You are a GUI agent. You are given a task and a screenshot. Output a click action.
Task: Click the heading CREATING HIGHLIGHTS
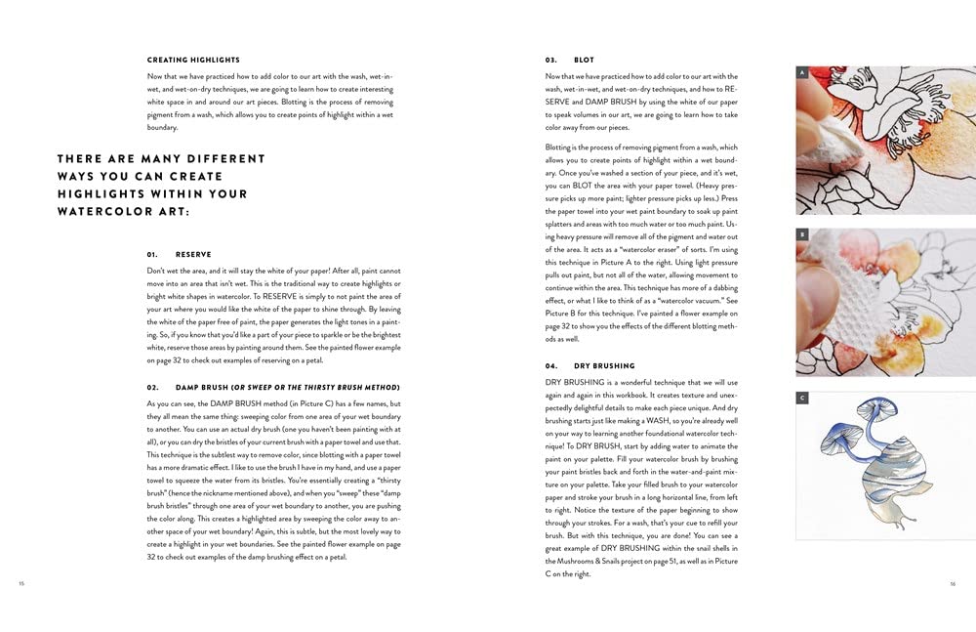[x=193, y=61]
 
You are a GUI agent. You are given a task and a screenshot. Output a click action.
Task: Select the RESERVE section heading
[x=193, y=254]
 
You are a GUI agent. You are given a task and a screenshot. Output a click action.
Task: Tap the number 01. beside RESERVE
[x=152, y=254]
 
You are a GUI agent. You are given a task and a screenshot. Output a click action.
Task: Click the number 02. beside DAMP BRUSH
[x=152, y=388]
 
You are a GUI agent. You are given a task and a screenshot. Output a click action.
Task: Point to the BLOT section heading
[x=585, y=61]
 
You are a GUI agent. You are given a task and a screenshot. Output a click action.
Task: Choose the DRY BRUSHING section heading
[x=604, y=365]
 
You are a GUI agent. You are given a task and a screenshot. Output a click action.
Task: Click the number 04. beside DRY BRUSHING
[x=552, y=365]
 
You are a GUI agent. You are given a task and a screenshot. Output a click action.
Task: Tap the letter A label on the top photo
[x=802, y=73]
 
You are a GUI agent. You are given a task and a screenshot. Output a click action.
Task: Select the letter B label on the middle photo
[x=802, y=235]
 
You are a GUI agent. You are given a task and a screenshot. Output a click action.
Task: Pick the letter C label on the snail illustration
[x=802, y=398]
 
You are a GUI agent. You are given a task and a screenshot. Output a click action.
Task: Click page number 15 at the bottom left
[x=21, y=584]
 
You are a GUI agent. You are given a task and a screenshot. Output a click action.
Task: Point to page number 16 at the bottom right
[x=953, y=584]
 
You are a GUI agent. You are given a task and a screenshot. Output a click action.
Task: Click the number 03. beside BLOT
[x=552, y=61]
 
